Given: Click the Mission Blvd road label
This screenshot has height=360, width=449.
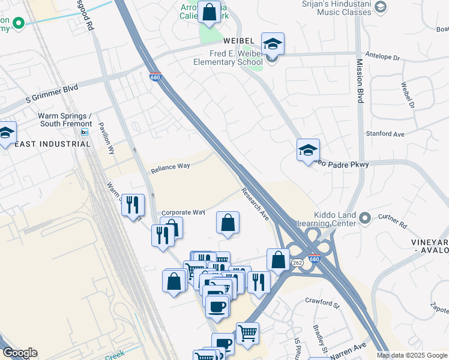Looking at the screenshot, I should (x=360, y=81).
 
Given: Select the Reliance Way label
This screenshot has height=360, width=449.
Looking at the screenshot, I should (x=170, y=168).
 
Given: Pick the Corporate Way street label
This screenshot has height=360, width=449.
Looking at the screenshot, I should (x=183, y=212).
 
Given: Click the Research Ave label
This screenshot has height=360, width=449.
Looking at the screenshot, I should (x=255, y=204).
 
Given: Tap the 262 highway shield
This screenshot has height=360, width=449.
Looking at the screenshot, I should (x=297, y=263).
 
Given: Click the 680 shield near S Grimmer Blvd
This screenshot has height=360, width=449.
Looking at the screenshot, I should (x=155, y=77).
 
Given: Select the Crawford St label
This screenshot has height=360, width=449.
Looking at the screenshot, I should (x=322, y=302).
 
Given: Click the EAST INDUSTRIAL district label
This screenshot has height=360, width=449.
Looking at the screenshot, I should (x=52, y=144).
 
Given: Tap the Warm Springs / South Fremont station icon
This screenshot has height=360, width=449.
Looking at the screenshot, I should (x=85, y=132).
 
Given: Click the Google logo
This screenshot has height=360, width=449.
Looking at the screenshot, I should (x=20, y=353).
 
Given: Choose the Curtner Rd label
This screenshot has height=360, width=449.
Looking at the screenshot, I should (x=393, y=225).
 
